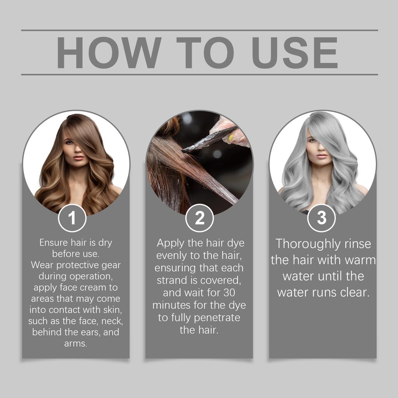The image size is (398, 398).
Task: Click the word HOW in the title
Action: [109, 52]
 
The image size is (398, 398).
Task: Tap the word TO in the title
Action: [205, 52]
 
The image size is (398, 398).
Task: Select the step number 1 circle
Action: [72, 218]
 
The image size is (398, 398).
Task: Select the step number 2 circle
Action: [199, 218]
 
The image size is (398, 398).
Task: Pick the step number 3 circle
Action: [321, 218]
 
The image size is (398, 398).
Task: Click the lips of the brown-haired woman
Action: [79, 157]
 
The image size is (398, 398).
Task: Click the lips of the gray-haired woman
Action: [322, 156]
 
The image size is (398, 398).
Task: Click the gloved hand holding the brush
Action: [233, 130]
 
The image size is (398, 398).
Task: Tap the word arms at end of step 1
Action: [75, 344]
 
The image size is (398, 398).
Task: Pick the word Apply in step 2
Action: [170, 243]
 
